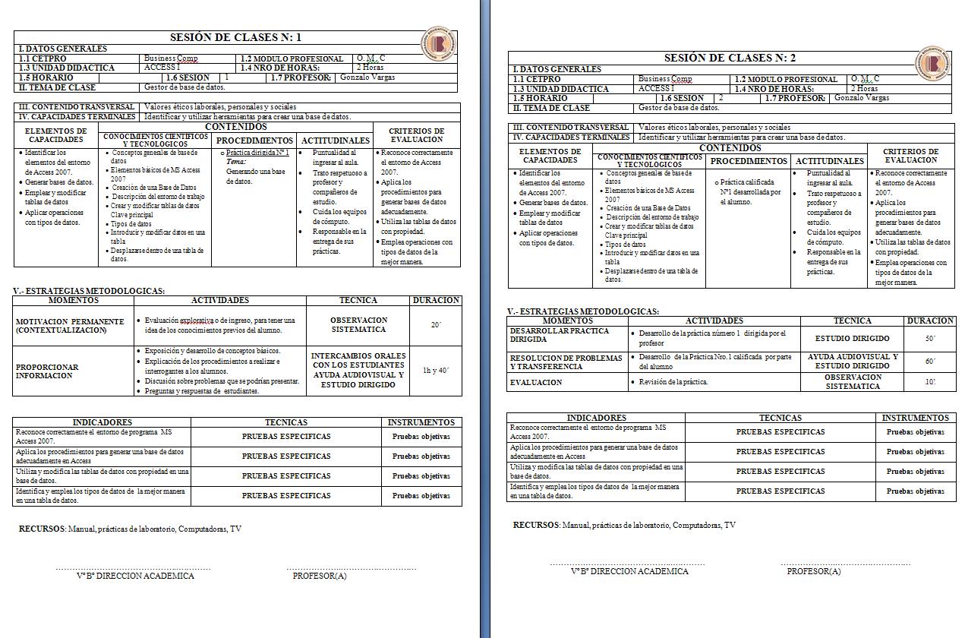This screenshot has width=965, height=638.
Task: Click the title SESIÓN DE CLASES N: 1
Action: click(235, 37)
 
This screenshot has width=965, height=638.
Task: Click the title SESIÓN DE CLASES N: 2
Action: click(730, 58)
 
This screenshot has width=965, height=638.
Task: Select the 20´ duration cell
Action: click(436, 325)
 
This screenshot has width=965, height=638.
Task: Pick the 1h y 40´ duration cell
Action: click(436, 371)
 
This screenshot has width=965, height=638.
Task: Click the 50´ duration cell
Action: click(930, 339)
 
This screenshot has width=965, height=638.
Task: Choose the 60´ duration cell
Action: click(930, 362)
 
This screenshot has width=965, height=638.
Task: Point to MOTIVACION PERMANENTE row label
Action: click(70, 326)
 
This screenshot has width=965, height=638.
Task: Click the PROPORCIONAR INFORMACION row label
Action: click(47, 371)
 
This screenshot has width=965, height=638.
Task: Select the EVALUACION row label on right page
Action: click(536, 383)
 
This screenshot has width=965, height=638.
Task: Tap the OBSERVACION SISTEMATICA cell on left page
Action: click(358, 325)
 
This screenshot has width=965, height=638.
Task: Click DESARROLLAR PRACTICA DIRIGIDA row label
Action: click(560, 335)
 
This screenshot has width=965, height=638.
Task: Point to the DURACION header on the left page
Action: click(436, 300)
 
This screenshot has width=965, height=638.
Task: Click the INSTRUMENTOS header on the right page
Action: click(915, 418)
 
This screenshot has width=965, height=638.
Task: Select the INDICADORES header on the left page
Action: click(102, 422)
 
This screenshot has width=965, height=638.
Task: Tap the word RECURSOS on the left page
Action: click(43, 529)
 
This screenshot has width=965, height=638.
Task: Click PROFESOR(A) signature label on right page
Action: click(813, 571)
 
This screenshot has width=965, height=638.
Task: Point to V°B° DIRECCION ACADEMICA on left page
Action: click(135, 576)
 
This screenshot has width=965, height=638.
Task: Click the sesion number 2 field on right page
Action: click(721, 98)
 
